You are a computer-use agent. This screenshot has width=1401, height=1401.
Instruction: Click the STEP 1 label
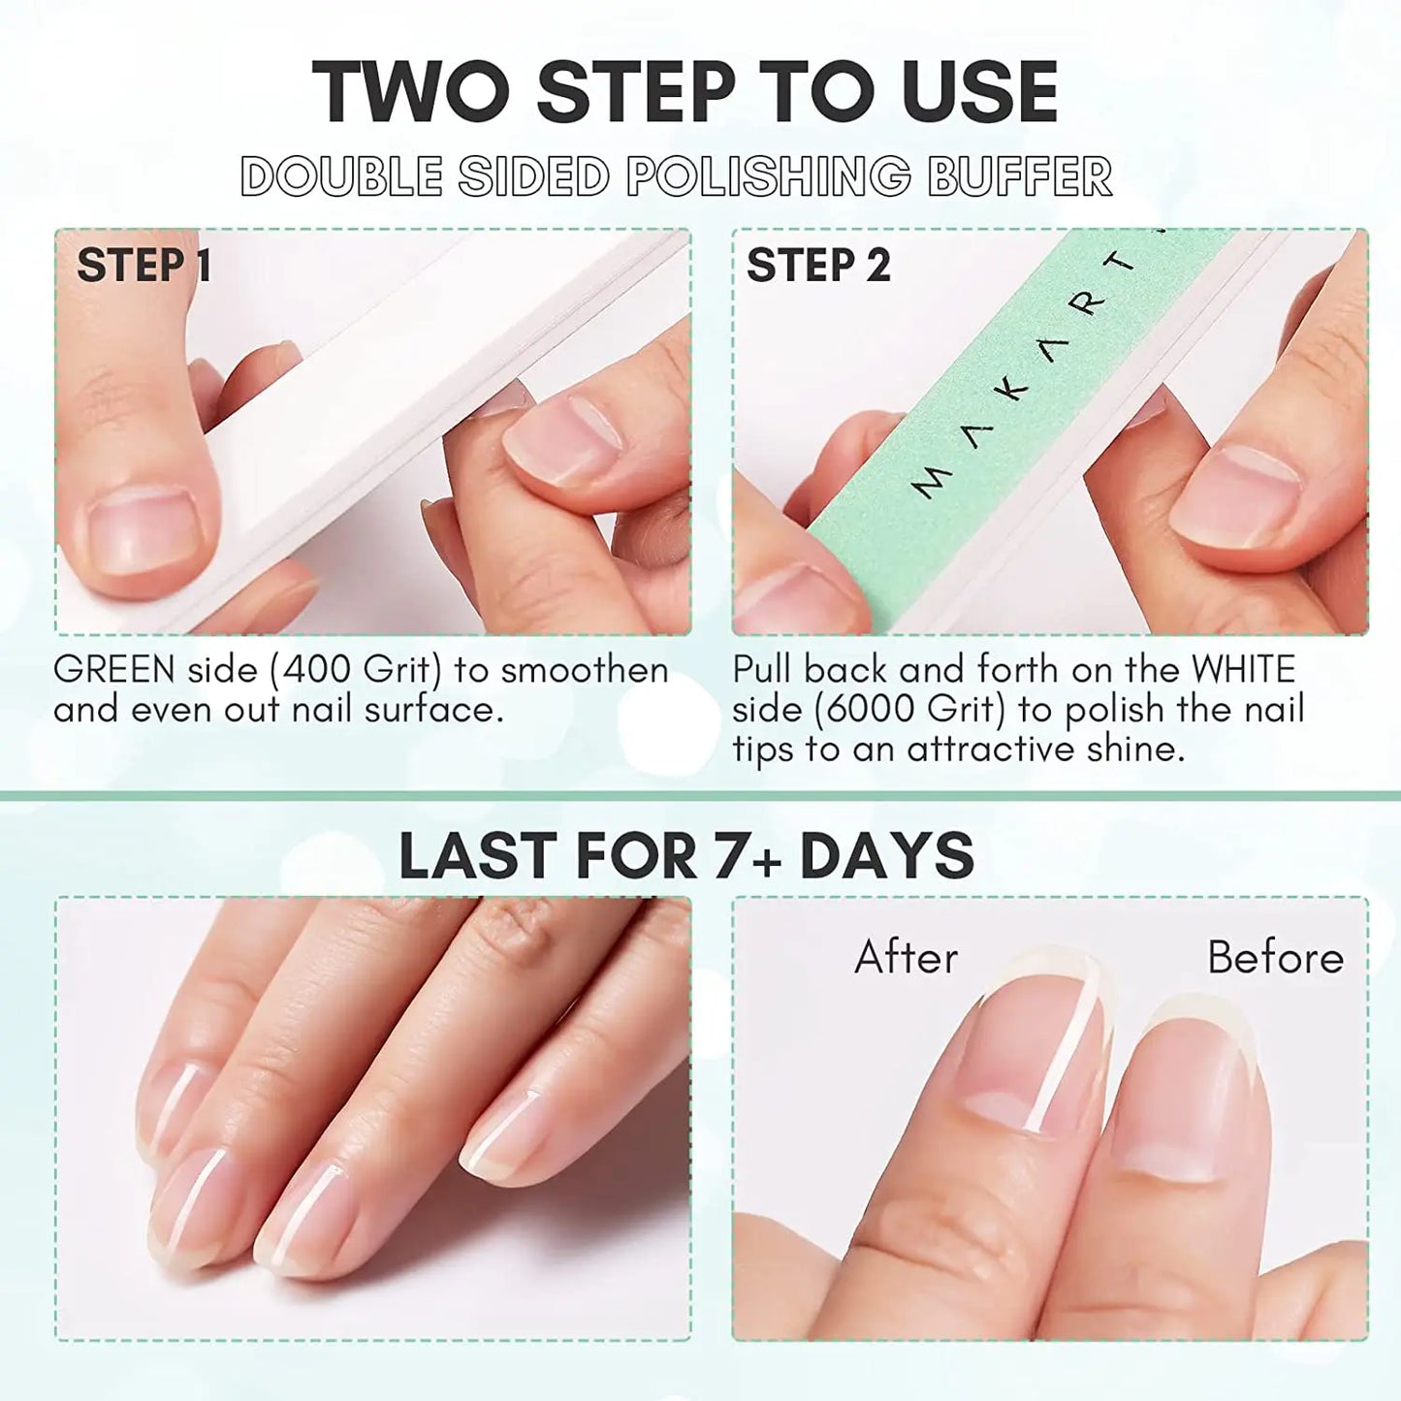pyautogui.click(x=143, y=266)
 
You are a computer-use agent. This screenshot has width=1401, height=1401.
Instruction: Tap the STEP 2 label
pyautogui.click(x=817, y=266)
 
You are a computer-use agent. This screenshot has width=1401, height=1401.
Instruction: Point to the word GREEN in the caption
pyautogui.click(x=114, y=670)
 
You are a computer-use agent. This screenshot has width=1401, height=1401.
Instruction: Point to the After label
pyautogui.click(x=906, y=958)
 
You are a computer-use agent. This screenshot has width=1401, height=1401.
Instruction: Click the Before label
pyautogui.click(x=1275, y=958)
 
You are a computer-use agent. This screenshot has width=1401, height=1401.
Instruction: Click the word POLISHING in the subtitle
pyautogui.click(x=768, y=177)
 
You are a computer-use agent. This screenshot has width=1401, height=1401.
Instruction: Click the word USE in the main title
pyautogui.click(x=979, y=92)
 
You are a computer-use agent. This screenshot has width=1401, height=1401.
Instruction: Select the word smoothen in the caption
pyautogui.click(x=584, y=670)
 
